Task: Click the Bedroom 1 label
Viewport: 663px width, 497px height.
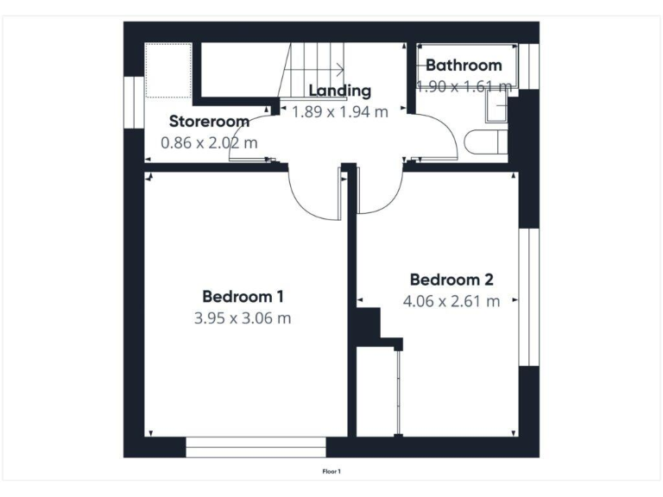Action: tap(243, 296)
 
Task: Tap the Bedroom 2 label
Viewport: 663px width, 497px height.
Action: tap(451, 280)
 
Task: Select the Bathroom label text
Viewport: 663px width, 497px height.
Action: tap(464, 65)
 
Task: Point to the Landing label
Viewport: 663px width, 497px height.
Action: tap(340, 90)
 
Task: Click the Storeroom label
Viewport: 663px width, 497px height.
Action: tap(209, 121)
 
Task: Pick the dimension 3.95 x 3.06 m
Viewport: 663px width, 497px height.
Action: tap(243, 318)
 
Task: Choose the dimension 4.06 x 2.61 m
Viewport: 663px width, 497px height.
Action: tap(451, 301)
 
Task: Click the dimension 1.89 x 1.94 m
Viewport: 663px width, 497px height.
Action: tap(340, 111)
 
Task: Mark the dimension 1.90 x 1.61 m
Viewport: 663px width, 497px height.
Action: tap(464, 85)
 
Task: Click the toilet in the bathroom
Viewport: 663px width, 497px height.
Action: tap(481, 141)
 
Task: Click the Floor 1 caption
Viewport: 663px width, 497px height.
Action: tap(331, 471)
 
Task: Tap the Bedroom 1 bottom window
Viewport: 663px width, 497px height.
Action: tap(256, 447)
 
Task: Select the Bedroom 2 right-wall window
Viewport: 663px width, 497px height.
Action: tap(528, 297)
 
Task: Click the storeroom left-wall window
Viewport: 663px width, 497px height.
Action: tap(134, 103)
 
